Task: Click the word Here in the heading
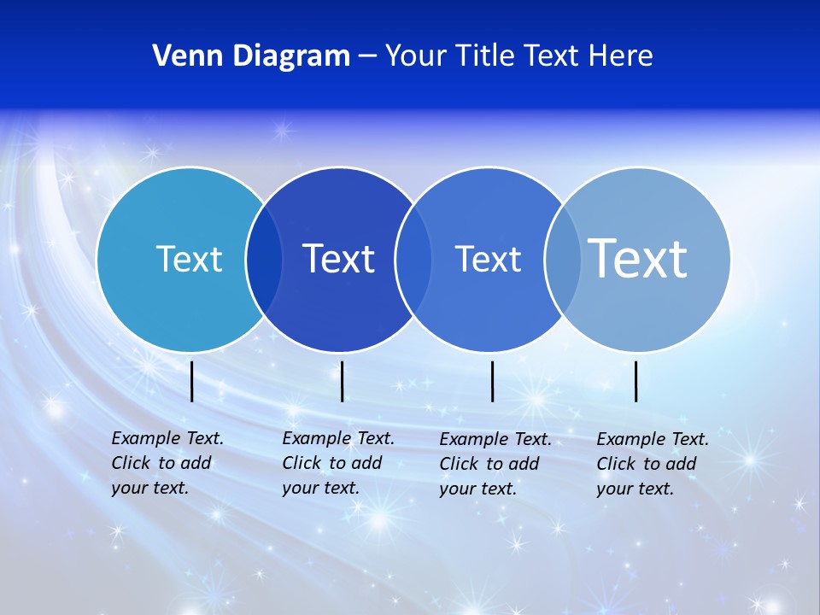point(621,56)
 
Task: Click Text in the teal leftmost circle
point(189,259)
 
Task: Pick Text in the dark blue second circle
point(339,259)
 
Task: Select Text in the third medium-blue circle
point(488,259)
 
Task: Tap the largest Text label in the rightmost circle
point(638,258)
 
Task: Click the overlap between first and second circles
point(264,260)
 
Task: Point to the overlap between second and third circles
point(413,260)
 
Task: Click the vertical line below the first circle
point(192,381)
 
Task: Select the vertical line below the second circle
point(342,381)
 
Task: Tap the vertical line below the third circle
point(493,381)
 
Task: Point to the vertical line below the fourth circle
point(636,381)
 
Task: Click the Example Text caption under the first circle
point(167,463)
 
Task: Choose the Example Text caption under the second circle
point(337,463)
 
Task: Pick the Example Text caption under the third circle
point(495,464)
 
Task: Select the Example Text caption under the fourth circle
point(652,464)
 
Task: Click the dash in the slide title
point(367,57)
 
